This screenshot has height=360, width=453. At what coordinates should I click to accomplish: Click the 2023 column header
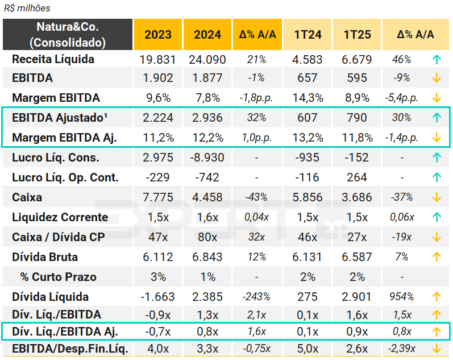(x=158, y=35)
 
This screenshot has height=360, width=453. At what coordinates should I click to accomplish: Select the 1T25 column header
(x=358, y=35)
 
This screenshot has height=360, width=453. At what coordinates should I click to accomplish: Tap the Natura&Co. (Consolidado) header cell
(x=68, y=35)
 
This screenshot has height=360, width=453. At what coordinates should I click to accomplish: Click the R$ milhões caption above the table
(x=27, y=8)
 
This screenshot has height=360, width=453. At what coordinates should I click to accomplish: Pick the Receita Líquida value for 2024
(x=207, y=60)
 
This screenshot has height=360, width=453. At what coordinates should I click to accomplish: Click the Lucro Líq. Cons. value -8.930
(x=207, y=158)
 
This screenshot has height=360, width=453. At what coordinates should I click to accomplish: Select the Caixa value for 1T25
(x=358, y=198)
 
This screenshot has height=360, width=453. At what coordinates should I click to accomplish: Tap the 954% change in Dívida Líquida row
(x=402, y=297)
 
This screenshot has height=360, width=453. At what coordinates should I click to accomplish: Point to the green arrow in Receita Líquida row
(x=437, y=60)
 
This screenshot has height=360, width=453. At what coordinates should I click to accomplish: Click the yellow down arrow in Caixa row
(x=437, y=198)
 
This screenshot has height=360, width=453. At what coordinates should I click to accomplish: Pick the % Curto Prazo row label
(x=59, y=277)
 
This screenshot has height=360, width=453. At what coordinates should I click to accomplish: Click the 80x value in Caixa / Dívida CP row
(x=207, y=237)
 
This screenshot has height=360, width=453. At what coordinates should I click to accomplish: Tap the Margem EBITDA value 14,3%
(x=308, y=97)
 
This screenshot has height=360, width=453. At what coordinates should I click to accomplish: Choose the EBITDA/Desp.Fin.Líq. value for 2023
(x=158, y=349)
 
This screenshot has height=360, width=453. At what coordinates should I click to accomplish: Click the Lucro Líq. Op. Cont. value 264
(x=358, y=177)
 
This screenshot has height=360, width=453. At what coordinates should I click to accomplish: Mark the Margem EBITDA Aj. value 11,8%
(x=358, y=138)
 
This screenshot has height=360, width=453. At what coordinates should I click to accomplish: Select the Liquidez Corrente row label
(x=60, y=217)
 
